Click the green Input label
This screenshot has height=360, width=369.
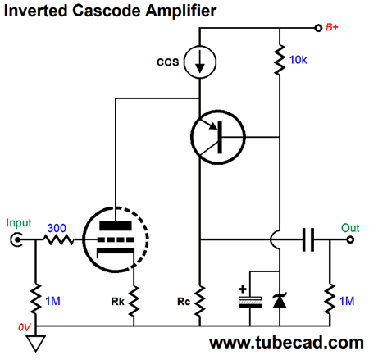18,221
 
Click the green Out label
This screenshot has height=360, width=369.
350,227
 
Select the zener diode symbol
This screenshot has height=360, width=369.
280,300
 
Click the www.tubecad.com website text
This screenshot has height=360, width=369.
286,342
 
